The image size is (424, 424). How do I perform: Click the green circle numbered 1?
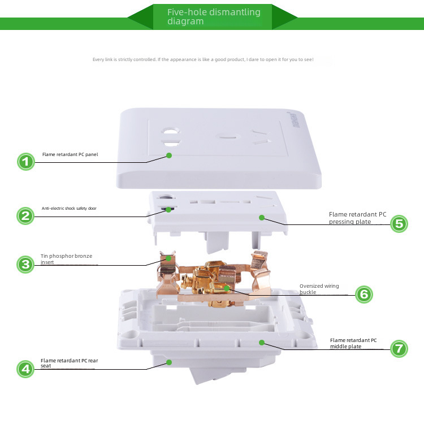point(25,162)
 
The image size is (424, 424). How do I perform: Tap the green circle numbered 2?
point(25,215)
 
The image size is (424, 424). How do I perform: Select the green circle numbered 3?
point(25,264)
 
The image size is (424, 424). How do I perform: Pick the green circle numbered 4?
point(25,369)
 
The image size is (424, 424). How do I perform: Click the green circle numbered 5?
point(399,224)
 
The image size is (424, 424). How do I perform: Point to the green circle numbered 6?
point(365,294)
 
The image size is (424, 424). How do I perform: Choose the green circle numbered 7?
point(399,348)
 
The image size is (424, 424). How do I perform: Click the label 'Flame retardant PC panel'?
point(70,154)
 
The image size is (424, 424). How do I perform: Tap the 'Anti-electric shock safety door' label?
point(69,208)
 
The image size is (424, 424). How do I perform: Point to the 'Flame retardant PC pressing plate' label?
point(357,218)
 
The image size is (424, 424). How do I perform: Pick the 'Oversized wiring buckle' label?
point(319,289)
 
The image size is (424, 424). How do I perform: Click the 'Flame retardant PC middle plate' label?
point(353,343)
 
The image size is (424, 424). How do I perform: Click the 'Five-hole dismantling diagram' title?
point(214,16)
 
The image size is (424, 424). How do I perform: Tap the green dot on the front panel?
point(168,155)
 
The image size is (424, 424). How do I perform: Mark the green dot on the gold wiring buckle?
point(227,288)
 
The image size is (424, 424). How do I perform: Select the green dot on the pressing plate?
point(261,217)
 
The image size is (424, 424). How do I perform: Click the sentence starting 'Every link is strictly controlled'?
point(202,59)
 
